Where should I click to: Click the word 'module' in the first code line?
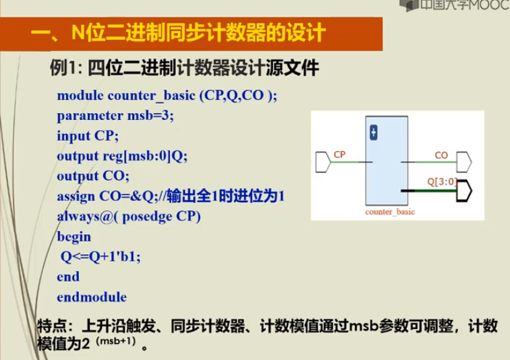click(80, 96)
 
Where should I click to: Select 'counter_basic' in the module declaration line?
click(151, 96)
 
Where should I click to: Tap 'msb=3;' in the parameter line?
click(150, 116)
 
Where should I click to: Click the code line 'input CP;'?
click(88, 136)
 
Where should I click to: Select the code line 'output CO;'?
click(93, 177)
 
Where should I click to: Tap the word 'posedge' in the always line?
click(147, 217)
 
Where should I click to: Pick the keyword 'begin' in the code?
click(74, 237)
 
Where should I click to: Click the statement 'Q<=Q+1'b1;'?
click(101, 257)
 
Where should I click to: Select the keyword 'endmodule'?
click(92, 297)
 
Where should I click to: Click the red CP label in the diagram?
click(339, 154)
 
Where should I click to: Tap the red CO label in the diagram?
click(441, 156)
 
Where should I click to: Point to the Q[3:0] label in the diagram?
click(442, 181)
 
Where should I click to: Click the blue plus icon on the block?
click(374, 133)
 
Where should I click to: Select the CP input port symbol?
click(323, 162)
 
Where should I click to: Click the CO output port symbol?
click(464, 162)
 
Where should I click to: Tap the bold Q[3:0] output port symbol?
click(464, 190)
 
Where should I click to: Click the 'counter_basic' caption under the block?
click(390, 212)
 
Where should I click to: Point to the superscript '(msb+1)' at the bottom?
click(115, 341)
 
